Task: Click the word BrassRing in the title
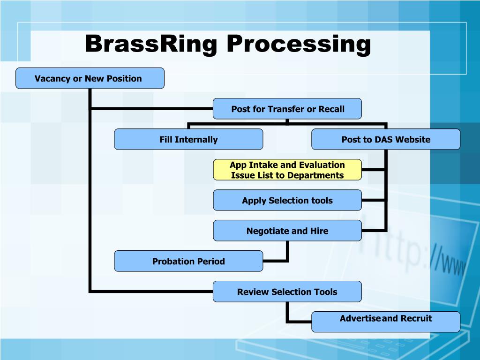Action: click(151, 45)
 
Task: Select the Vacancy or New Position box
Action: click(90, 78)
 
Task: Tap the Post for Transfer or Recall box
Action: click(287, 109)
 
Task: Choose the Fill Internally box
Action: click(188, 139)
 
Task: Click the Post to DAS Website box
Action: click(385, 139)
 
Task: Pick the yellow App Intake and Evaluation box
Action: click(287, 170)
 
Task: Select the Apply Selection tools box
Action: click(287, 200)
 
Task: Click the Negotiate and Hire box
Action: click(287, 231)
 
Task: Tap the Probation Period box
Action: click(188, 261)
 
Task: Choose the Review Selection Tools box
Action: click(287, 292)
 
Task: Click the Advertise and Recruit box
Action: click(385, 322)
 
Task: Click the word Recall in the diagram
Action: click(331, 109)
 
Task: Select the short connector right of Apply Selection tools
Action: click(374, 200)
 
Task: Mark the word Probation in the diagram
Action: click(172, 261)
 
